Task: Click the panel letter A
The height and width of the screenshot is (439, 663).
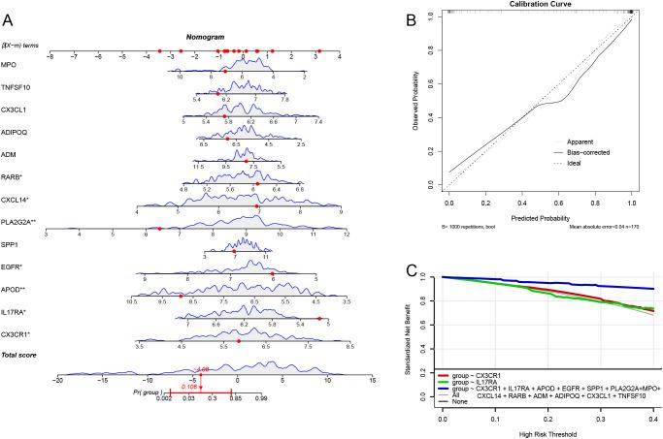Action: click(11, 14)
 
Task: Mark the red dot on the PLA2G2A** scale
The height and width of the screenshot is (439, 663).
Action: click(159, 230)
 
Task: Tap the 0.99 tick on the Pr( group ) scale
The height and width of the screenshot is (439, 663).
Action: click(260, 398)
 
